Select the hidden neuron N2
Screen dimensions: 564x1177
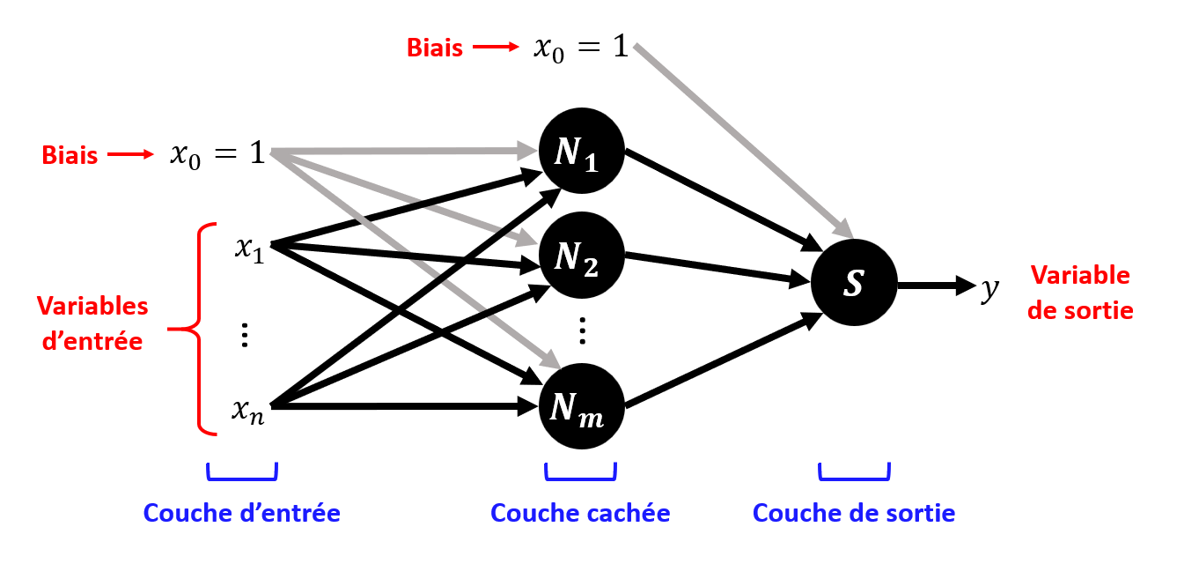[x=581, y=256]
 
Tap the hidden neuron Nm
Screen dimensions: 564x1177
[x=581, y=407]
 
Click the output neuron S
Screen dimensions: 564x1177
[x=854, y=284]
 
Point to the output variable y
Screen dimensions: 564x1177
[x=990, y=287]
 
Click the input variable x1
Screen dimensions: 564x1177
[x=248, y=248]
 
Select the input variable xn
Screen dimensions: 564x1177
[x=248, y=409]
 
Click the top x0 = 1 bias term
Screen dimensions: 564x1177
[x=582, y=47]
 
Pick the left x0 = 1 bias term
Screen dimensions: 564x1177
[x=217, y=154]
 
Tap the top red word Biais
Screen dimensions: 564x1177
[x=434, y=48]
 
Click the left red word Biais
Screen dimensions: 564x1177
[x=70, y=155]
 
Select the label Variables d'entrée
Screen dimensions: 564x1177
[x=92, y=323]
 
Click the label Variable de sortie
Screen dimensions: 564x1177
[x=1081, y=293]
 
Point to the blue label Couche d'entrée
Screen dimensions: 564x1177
[x=241, y=513]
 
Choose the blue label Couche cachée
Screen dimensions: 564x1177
[x=580, y=513]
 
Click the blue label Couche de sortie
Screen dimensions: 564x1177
[x=854, y=513]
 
